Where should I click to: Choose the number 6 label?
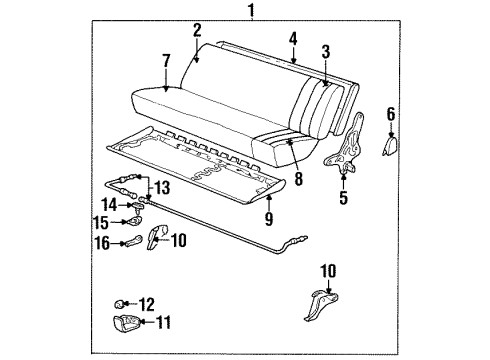pos(390,116)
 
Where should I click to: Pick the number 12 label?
pos(150,303)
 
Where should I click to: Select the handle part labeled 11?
pos(123,324)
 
